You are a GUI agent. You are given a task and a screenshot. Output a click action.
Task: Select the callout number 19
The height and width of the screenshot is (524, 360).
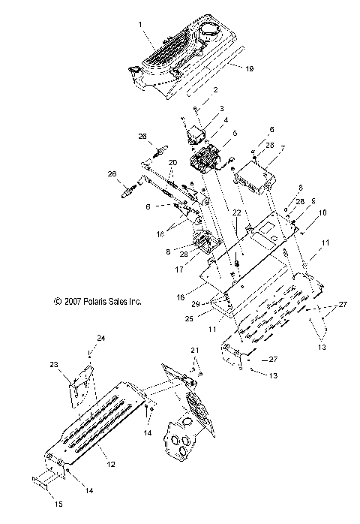click(250, 68)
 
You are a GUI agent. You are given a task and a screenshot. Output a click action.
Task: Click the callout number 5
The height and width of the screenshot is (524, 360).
click(234, 134)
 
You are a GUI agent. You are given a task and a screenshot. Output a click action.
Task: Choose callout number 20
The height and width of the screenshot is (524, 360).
click(173, 163)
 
